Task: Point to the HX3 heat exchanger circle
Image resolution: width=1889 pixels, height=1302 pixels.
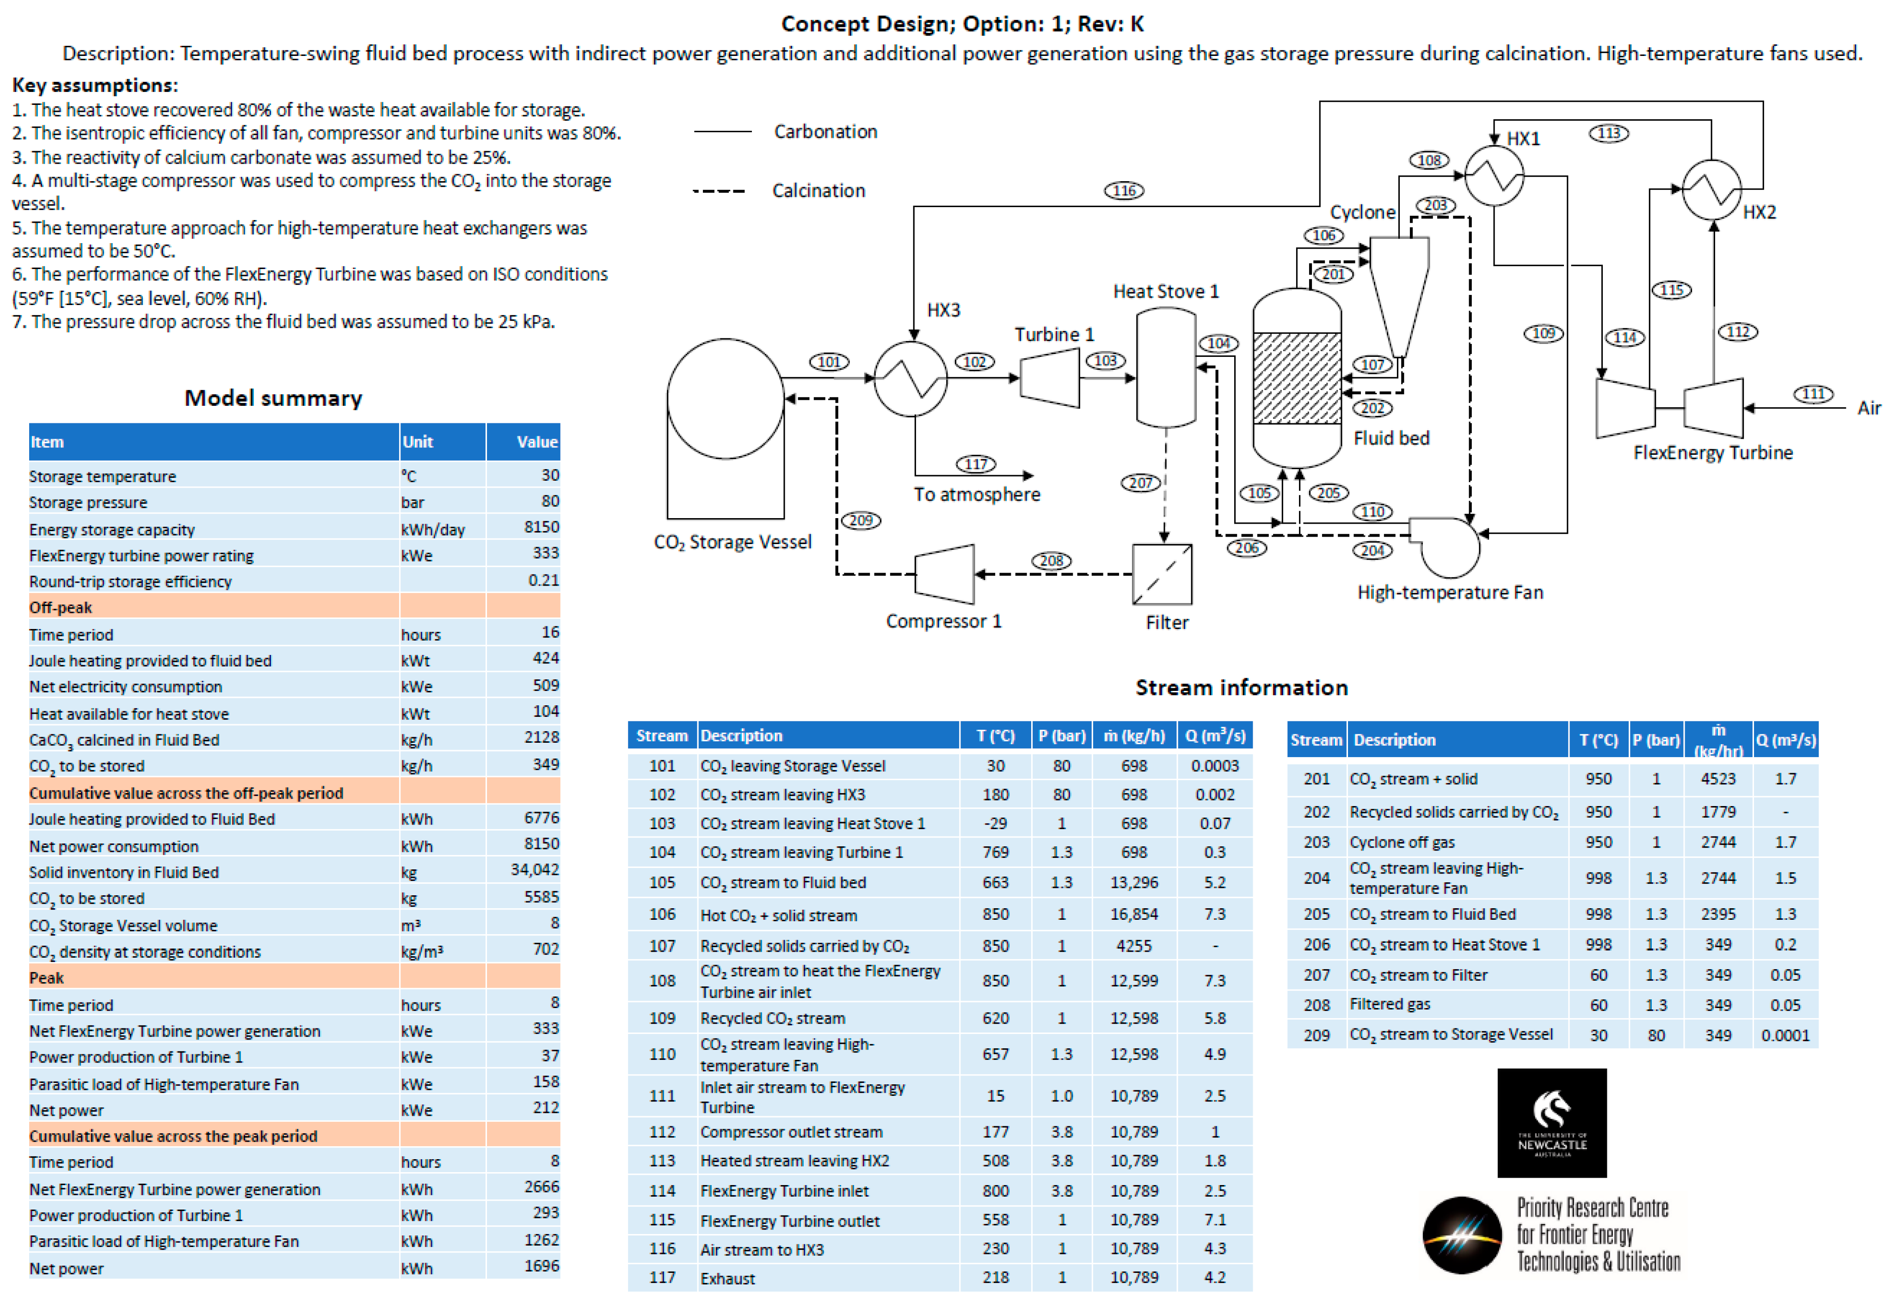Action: coord(910,379)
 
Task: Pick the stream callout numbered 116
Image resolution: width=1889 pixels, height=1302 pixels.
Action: coord(1124,191)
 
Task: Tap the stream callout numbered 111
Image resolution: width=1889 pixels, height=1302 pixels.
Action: coord(1812,394)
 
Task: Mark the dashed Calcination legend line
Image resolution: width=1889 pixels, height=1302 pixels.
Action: coord(719,191)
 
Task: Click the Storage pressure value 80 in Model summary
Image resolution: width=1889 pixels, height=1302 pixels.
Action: coord(549,501)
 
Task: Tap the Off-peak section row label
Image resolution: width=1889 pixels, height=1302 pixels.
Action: coord(61,608)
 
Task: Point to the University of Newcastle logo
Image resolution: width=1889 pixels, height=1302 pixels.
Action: coord(1551,1123)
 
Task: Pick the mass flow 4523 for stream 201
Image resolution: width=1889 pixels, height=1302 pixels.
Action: coord(1717,779)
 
